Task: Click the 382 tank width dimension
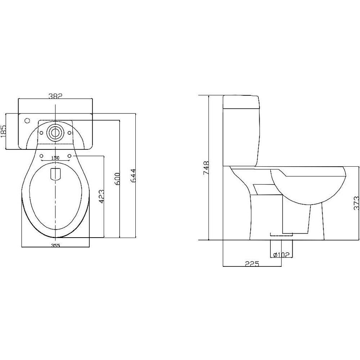point(55,96)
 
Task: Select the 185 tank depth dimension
point(4,131)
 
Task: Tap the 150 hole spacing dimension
point(55,158)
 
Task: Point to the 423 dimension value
point(102,197)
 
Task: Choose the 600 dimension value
point(117,179)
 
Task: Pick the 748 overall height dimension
point(206,168)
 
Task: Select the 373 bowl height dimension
point(356,203)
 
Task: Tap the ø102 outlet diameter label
point(281,255)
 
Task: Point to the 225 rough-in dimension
point(252,264)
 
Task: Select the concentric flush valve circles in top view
point(55,132)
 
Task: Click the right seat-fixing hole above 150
point(69,156)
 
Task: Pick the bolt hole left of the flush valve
point(42,132)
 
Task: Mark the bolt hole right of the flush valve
point(68,132)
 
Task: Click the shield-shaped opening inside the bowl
point(55,174)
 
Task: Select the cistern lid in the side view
point(241,102)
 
